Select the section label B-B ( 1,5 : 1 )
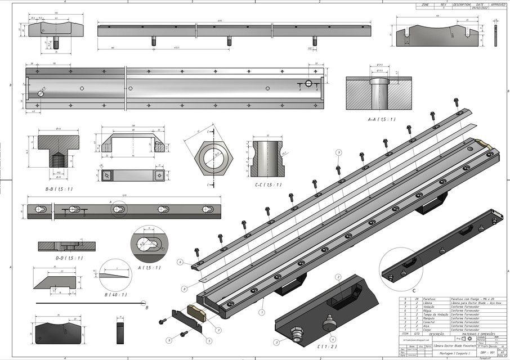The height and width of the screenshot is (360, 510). [x=59, y=189]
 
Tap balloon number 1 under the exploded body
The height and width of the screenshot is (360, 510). [x=261, y=310]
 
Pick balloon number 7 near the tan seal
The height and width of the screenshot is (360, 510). [x=218, y=330]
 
